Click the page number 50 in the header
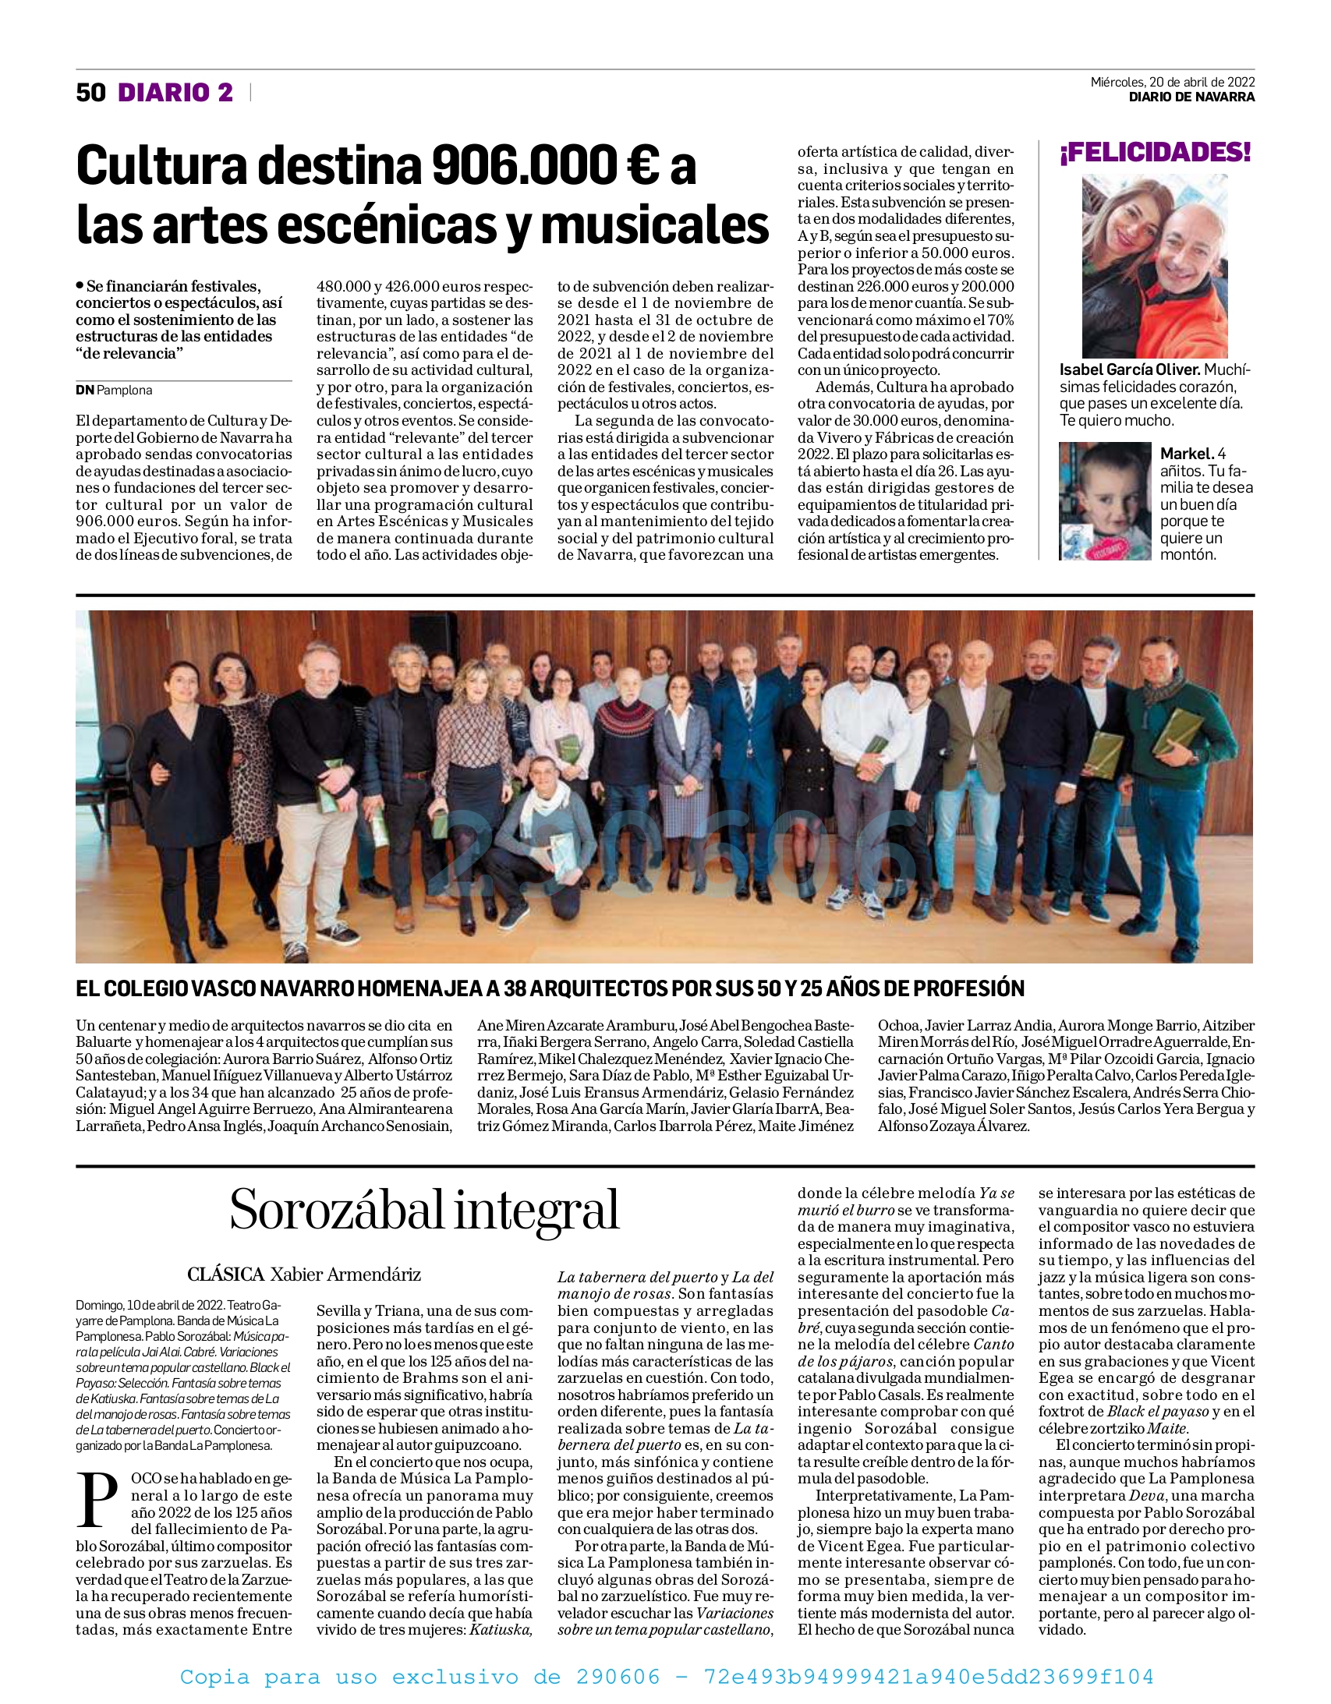(90, 93)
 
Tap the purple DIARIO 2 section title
(175, 93)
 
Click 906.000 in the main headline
(524, 167)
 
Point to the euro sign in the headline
(642, 167)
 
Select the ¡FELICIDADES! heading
(1154, 152)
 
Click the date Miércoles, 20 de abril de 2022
(1172, 82)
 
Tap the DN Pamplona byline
(114, 390)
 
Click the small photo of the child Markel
(1105, 501)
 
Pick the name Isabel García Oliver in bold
(1129, 369)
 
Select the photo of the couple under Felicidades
(1154, 266)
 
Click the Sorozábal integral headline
(424, 1211)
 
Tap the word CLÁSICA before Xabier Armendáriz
(225, 1274)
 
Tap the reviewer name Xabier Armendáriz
(345, 1274)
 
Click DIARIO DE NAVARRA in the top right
(1191, 97)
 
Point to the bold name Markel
(1187, 454)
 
